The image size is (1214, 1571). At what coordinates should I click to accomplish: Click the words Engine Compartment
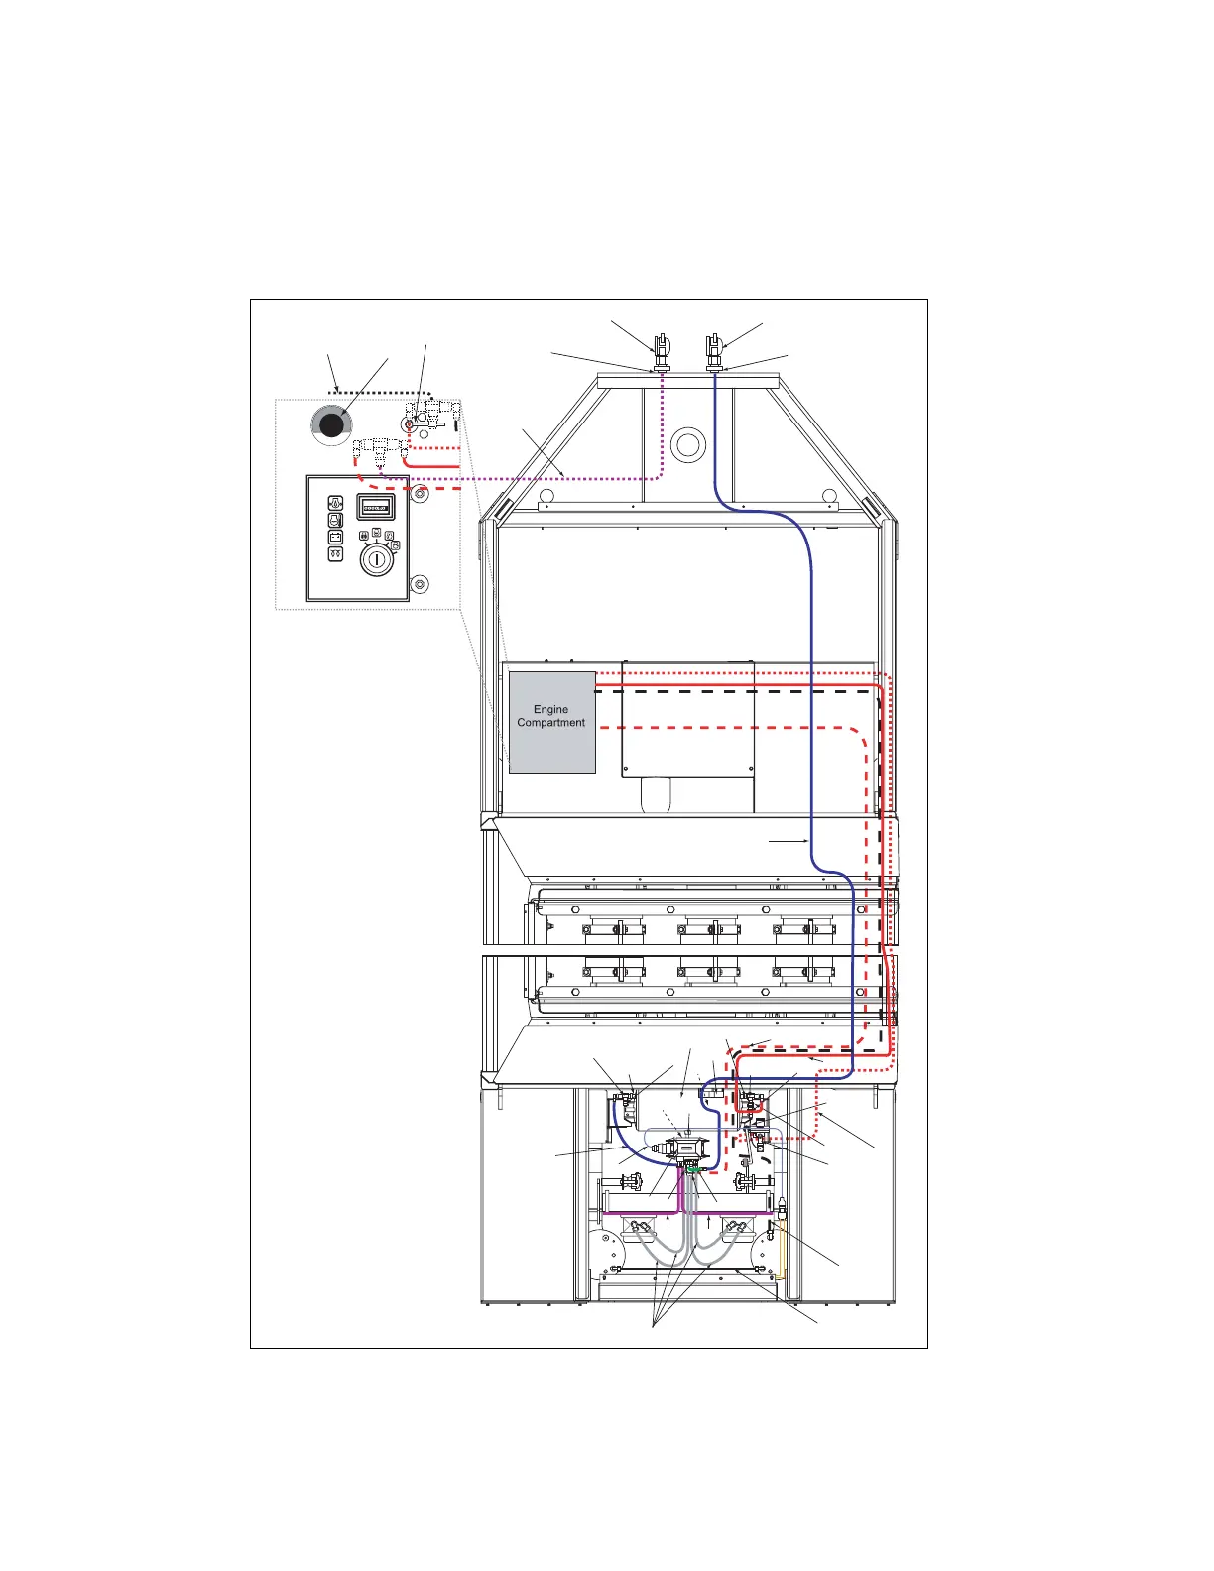click(551, 716)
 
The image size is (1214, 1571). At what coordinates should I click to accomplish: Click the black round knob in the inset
click(330, 425)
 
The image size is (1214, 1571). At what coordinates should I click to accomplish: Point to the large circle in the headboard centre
click(686, 444)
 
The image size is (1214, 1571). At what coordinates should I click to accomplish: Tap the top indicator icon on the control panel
click(335, 504)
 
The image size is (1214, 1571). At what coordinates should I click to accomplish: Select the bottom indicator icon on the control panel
click(335, 554)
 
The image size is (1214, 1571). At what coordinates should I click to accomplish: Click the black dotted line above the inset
click(377, 393)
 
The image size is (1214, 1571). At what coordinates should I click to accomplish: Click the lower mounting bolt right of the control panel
click(421, 584)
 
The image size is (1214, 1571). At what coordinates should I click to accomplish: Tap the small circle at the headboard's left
click(546, 496)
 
